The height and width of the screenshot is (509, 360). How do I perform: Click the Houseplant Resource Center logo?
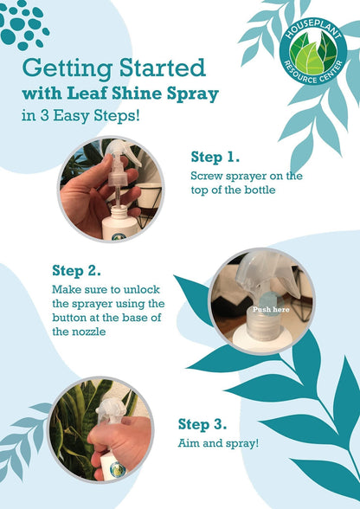coord(313,51)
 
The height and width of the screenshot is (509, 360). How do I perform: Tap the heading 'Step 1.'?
coord(215,157)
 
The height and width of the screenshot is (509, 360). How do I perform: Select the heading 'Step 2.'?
coord(76,271)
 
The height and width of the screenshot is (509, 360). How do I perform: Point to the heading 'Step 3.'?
coord(202,424)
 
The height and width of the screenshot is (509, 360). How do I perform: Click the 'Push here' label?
coord(271,309)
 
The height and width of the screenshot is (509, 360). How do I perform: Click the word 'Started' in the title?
coord(163,68)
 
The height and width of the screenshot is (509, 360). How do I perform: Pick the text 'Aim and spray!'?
coord(218,443)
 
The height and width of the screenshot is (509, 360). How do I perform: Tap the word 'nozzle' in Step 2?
coord(89,332)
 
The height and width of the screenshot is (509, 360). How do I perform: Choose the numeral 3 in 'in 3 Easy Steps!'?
coord(44,116)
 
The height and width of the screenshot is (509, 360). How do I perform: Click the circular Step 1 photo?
coord(111,190)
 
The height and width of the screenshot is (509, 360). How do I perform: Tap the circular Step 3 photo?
coord(100,430)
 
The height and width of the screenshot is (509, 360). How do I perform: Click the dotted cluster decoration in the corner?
coord(23,24)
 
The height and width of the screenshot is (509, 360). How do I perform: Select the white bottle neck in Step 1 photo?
coord(119,213)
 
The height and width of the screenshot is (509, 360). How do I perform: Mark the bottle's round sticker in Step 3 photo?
coord(117,470)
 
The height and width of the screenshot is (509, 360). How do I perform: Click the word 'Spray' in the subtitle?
coord(193,94)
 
